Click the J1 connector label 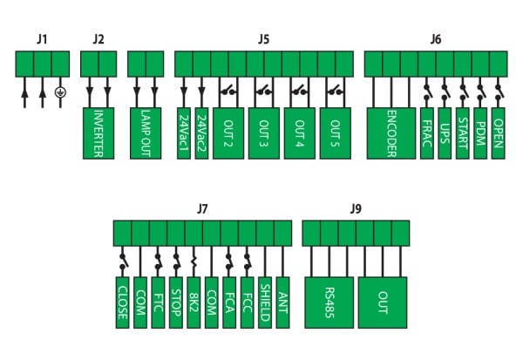click(x=42, y=39)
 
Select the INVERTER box click(x=98, y=133)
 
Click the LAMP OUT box click(x=146, y=133)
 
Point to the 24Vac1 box click(x=184, y=133)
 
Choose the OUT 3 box click(x=264, y=133)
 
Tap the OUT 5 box click(x=336, y=133)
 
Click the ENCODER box click(x=391, y=133)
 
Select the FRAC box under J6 click(x=427, y=133)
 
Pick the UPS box click(x=445, y=133)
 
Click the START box click(x=463, y=133)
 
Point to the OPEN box click(x=498, y=133)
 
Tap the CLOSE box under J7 click(x=122, y=302)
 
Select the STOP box click(x=176, y=302)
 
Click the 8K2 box click(x=194, y=302)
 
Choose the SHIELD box click(x=265, y=302)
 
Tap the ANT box click(x=282, y=302)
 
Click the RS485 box click(x=329, y=302)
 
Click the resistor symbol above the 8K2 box click(x=194, y=260)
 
